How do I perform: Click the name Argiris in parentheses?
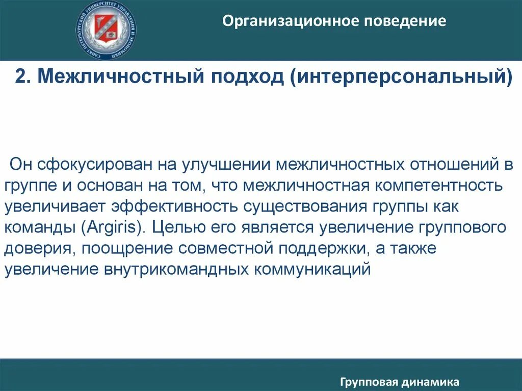(x=111, y=227)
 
